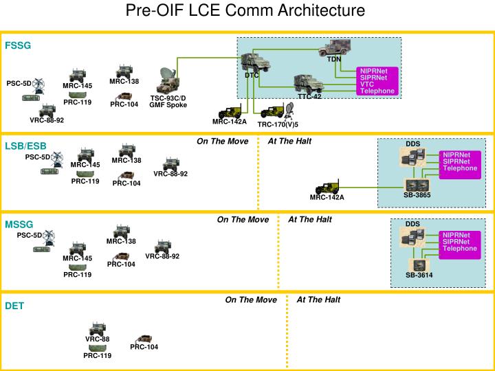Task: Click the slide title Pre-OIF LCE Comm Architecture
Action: coord(245,11)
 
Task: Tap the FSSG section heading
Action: coord(19,46)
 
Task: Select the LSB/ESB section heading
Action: coord(26,146)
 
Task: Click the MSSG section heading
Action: coord(19,224)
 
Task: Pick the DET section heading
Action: coord(14,306)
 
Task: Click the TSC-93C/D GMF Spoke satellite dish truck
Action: coord(167,80)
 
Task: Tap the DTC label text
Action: coord(252,75)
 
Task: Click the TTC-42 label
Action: coord(309,96)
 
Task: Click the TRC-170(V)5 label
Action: coord(278,124)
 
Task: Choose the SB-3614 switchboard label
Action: coord(419,275)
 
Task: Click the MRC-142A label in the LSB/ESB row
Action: coord(327,197)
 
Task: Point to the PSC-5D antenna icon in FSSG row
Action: coord(39,87)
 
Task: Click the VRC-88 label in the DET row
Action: coord(97,339)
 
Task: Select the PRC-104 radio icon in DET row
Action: coord(144,339)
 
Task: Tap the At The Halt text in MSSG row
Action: coord(310,220)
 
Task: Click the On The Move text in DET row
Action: coord(251,300)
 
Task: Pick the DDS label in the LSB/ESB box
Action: coord(412,144)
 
